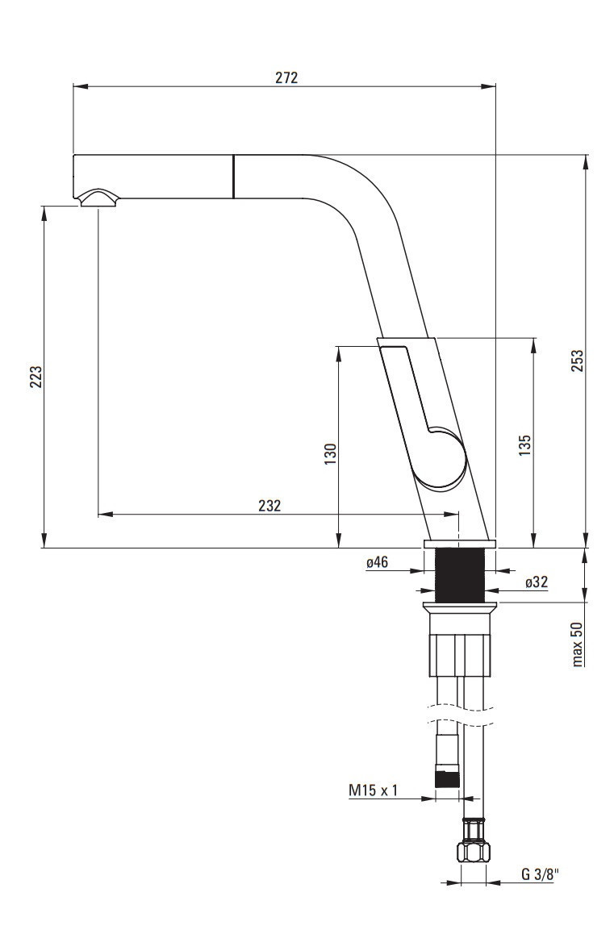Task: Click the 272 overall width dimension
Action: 286,78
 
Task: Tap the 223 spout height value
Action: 36,377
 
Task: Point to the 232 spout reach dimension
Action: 269,506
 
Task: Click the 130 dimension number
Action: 330,455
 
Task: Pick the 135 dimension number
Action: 525,446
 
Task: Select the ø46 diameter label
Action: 377,563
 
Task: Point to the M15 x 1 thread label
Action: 374,790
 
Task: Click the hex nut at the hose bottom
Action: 473,850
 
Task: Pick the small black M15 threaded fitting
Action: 447,778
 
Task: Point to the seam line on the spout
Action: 234,176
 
